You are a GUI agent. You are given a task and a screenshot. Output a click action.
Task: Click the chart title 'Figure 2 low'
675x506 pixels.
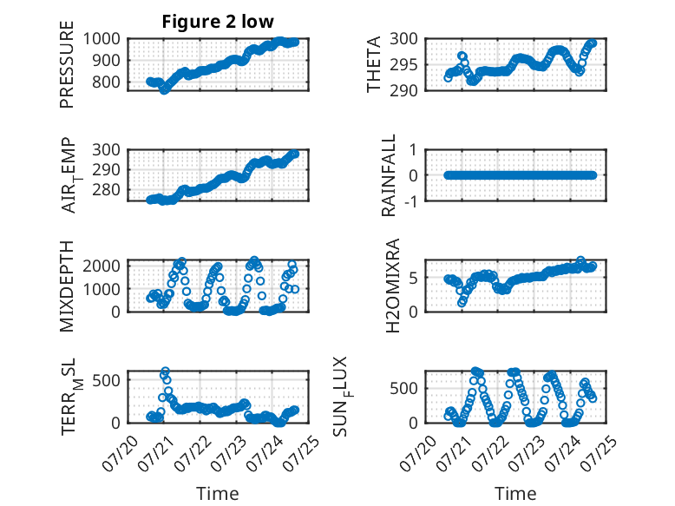219,22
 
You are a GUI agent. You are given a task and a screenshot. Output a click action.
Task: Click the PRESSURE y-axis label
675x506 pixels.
67,71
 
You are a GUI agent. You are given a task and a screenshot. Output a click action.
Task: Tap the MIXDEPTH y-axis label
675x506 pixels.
67,286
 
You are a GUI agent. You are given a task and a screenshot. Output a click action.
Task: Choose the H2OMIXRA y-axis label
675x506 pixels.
392,286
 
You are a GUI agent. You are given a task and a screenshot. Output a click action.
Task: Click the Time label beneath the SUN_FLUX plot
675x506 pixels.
515,493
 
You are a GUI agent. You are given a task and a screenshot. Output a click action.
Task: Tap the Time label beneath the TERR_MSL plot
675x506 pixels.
217,493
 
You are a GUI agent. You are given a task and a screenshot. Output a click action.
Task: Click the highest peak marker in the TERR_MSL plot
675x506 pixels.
165,371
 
